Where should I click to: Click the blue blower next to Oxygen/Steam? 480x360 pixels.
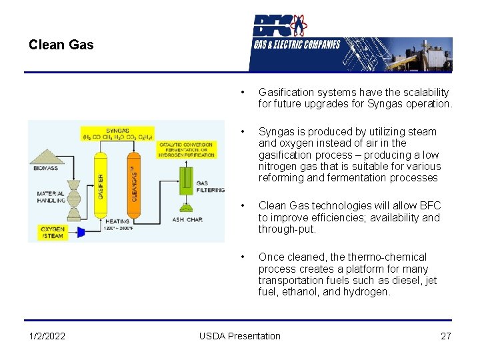tap(82, 231)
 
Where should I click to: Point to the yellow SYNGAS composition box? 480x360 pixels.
tap(117, 133)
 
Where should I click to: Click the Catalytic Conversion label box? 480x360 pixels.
tap(187, 149)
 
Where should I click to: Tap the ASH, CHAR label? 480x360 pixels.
tap(187, 219)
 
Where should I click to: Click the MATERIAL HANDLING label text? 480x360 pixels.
tap(51, 197)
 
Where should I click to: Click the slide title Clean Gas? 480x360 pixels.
tap(61, 45)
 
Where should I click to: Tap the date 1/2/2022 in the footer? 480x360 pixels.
tap(47, 336)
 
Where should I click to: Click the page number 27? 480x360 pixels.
tap(446, 336)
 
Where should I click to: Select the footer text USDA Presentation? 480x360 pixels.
tap(240, 336)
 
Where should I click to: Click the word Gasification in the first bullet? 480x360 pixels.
tap(287, 92)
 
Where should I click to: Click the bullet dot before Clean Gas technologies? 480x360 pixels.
tap(245, 206)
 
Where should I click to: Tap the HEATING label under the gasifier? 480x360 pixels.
tap(117, 221)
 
